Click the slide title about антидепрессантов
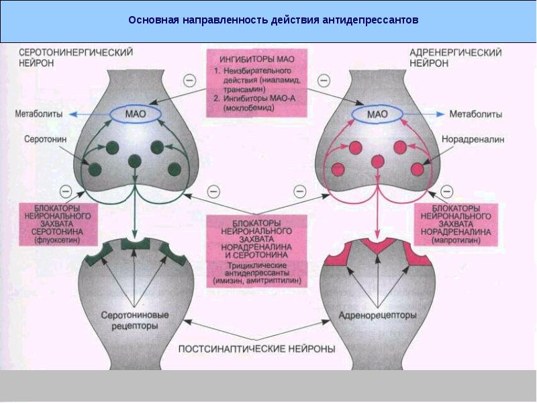[x=273, y=20]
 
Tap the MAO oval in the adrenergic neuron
[x=378, y=114]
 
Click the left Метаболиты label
[x=35, y=114]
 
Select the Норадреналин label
[x=472, y=140]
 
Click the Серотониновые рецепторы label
[x=134, y=320]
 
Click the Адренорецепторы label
[x=377, y=315]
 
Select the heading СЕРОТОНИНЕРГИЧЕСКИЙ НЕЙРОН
[x=75, y=56]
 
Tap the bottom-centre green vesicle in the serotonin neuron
[x=135, y=161]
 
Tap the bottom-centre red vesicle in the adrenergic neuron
[x=378, y=161]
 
